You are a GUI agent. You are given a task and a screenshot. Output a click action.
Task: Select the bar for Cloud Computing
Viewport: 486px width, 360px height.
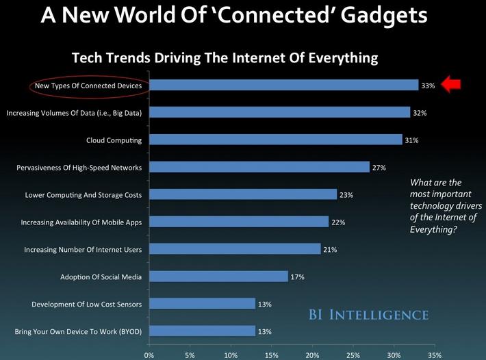[276, 140]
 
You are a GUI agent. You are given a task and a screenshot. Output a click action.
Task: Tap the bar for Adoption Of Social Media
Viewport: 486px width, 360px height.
[218, 277]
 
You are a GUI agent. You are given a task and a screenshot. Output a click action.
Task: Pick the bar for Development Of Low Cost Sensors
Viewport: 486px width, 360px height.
[202, 304]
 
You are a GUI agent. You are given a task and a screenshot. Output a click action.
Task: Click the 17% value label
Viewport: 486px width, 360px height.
[296, 277]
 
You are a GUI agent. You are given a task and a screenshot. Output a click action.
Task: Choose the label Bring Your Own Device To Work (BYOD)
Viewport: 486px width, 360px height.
[78, 332]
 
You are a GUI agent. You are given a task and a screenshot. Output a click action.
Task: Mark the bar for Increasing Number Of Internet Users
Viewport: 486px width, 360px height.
[235, 249]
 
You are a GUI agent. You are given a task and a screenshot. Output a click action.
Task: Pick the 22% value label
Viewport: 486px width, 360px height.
[337, 222]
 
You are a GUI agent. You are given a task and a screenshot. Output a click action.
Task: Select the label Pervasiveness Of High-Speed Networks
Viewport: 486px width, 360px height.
[79, 168]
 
